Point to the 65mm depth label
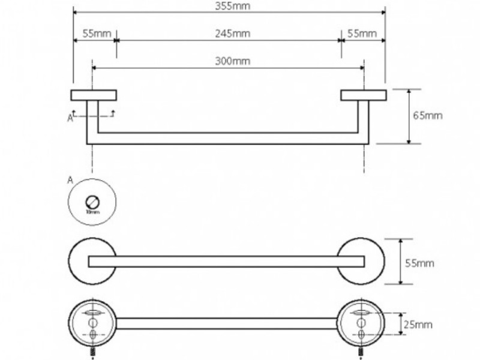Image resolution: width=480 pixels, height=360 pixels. pos(428,115)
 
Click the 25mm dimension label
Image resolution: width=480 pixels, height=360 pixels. pos(419,325)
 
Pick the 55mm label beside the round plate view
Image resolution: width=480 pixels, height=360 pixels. pos(419,263)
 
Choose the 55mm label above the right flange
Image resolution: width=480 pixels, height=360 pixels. pos(362,34)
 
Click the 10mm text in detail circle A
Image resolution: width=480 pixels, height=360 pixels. pos(92,211)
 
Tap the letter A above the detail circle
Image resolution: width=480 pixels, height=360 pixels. pos(71,179)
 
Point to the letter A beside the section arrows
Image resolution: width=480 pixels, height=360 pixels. pos(70,119)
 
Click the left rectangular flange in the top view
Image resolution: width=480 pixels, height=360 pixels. pos(94,95)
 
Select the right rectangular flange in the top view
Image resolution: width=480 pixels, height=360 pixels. pos(363,95)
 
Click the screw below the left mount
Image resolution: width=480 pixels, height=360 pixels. pos(93,350)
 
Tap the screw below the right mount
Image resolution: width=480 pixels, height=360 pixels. pos(362,350)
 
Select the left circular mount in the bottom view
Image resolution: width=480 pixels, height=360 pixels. pos(92,323)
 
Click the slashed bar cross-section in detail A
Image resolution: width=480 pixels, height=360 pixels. pos(92,201)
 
